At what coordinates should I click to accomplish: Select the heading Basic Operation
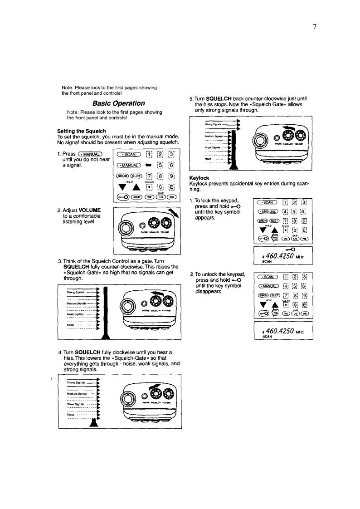(118, 103)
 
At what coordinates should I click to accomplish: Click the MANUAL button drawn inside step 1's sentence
(91, 154)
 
